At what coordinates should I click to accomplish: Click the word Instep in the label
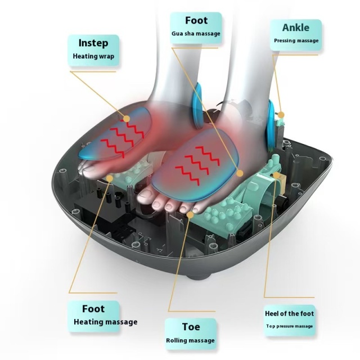tap(93, 43)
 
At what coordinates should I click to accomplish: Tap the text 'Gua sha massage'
tap(196, 34)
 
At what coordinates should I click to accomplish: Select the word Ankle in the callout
tap(296, 28)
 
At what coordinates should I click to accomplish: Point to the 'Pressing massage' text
tap(296, 40)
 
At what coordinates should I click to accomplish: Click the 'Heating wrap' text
tap(93, 56)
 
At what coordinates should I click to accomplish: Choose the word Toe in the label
tap(191, 327)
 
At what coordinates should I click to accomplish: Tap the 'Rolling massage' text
tap(190, 340)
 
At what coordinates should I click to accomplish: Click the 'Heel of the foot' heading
tap(289, 313)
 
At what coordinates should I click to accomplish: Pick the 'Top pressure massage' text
tap(290, 326)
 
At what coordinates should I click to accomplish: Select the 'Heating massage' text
tap(106, 322)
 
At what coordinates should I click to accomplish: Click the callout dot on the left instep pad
tap(127, 119)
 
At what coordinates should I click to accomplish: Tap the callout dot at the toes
tap(190, 215)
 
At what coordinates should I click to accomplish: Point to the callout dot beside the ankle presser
tap(281, 115)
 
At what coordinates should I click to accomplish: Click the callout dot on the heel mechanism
tap(276, 175)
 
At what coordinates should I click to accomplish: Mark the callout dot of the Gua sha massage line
tap(240, 173)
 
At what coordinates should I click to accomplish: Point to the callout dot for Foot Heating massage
tap(110, 178)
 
